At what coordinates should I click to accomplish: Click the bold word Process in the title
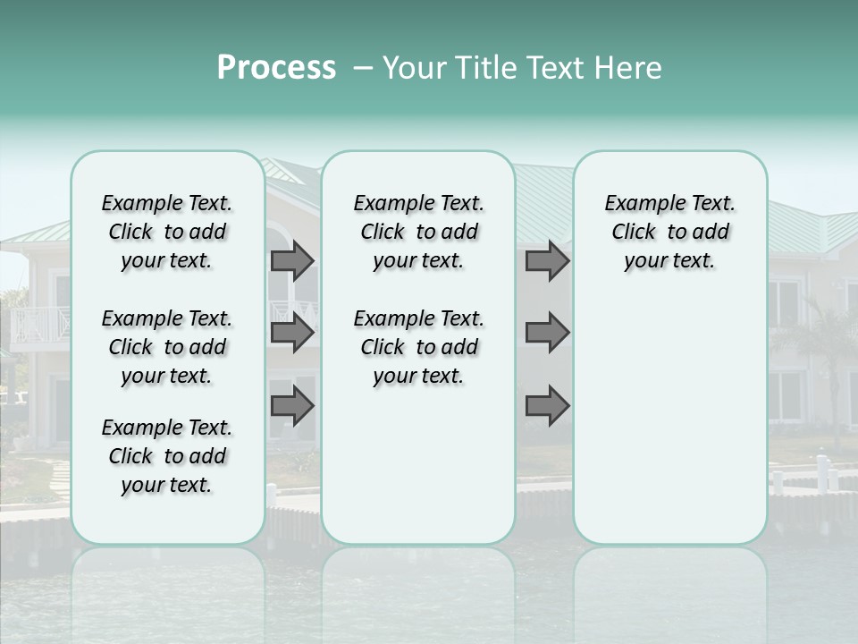[x=276, y=68]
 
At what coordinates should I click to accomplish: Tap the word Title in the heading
[x=484, y=68]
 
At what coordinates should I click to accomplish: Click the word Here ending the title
[x=629, y=68]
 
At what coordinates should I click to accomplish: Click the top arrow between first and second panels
[x=292, y=260]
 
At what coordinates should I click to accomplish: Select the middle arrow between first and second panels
[x=292, y=333]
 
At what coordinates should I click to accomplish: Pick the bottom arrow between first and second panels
[x=292, y=406]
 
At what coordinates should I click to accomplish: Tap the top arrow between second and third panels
[x=547, y=260]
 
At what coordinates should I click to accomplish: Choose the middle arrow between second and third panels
[x=547, y=333]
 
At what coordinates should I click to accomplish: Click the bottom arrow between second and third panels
[x=547, y=406]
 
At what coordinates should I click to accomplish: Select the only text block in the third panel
[x=669, y=232]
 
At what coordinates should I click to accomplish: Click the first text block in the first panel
[x=167, y=232]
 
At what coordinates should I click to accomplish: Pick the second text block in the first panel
[x=167, y=347]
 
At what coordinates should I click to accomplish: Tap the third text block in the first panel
[x=167, y=456]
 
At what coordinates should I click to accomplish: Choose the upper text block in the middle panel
[x=418, y=232]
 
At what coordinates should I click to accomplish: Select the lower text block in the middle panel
[x=418, y=347]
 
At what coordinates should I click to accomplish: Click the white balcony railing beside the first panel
[x=39, y=324]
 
